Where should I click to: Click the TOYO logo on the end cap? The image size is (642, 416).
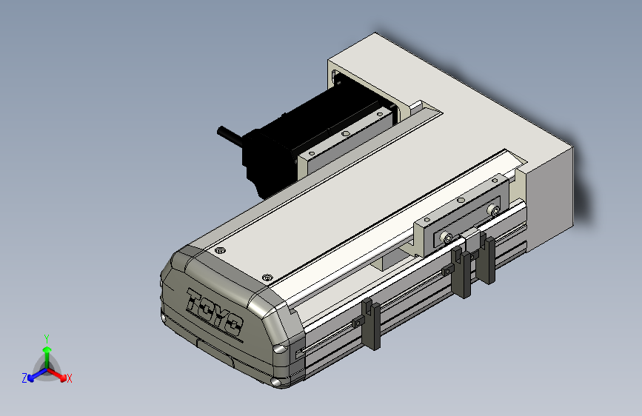tap(215, 312)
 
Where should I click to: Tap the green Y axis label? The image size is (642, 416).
tap(47, 338)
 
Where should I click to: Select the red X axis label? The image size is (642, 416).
tap(69, 378)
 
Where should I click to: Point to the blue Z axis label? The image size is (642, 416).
tap(24, 378)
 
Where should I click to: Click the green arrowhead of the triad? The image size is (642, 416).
tap(47, 350)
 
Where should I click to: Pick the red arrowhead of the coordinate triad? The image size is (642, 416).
tap(62, 377)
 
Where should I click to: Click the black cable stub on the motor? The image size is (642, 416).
tap(230, 135)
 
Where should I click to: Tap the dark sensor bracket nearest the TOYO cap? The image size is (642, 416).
tap(372, 324)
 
